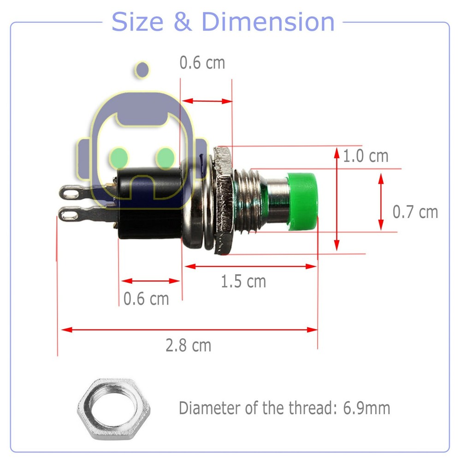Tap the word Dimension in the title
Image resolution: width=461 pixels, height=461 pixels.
click(268, 22)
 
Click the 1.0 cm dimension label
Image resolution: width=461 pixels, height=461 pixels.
click(366, 156)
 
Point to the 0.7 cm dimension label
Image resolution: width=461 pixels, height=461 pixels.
click(415, 212)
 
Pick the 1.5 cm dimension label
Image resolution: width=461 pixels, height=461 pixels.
click(243, 281)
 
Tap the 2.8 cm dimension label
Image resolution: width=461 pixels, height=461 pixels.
click(189, 344)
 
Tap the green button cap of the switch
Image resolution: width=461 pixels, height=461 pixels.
click(302, 201)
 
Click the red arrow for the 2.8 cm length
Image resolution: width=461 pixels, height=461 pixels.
click(189, 330)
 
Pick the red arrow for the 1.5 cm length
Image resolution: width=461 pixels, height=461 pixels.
click(251, 266)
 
